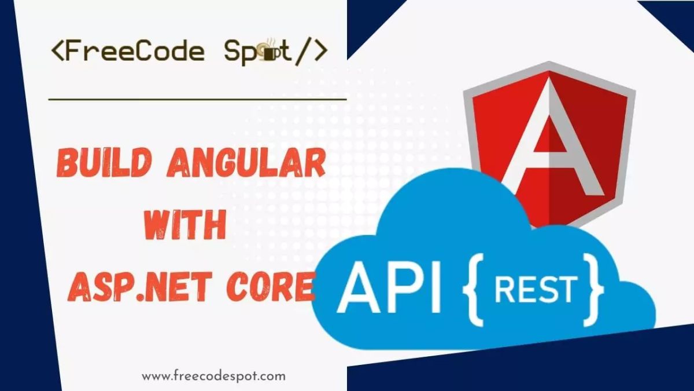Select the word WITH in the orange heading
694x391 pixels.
tap(184, 226)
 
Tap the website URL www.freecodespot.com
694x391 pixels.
tap(213, 376)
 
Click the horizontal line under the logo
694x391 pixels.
tap(197, 99)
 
